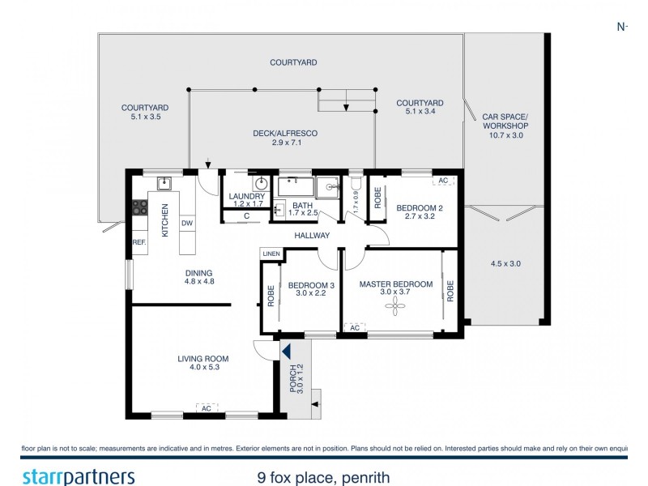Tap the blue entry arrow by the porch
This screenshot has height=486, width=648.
click(285, 351)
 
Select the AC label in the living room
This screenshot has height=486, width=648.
click(207, 408)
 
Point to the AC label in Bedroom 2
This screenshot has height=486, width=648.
click(442, 181)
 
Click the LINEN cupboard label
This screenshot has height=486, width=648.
click(271, 254)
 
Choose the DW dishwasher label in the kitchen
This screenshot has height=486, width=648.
click(186, 223)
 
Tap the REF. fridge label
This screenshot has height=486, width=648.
click(139, 242)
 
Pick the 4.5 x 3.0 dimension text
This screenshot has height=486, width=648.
click(505, 263)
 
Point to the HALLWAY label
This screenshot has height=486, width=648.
click(312, 236)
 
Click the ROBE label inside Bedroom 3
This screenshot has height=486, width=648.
click(271, 294)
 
